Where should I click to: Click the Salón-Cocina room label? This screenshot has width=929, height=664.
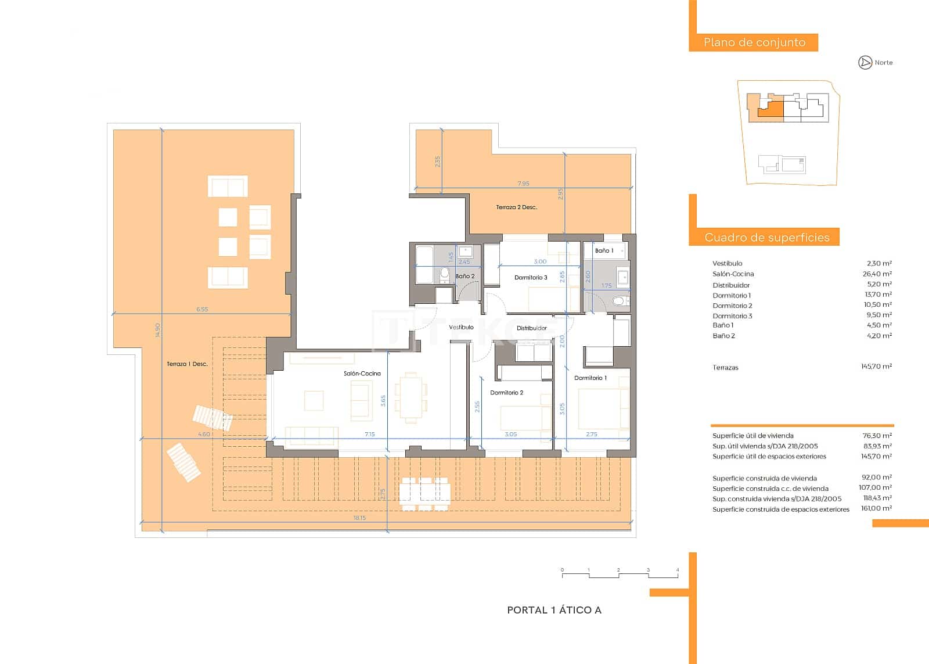(362, 374)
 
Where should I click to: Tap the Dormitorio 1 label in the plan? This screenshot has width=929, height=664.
(590, 378)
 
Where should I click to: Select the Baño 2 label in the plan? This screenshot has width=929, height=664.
(464, 276)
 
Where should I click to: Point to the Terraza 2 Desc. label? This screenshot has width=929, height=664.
(516, 207)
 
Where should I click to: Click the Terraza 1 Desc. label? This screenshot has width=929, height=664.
(187, 364)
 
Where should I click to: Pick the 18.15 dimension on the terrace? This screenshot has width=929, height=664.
(359, 518)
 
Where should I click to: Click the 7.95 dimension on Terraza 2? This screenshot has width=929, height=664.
(523, 184)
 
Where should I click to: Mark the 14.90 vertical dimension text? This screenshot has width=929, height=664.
(157, 330)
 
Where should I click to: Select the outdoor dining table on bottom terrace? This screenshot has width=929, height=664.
(425, 494)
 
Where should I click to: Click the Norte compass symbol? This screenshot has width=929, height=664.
(865, 62)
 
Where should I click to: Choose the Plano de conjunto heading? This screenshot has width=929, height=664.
(754, 42)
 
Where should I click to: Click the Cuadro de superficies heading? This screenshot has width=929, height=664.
(766, 237)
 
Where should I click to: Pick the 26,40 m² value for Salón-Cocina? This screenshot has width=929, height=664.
(877, 274)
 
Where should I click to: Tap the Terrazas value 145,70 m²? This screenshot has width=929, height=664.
(876, 367)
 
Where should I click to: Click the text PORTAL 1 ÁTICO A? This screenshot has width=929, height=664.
(554, 610)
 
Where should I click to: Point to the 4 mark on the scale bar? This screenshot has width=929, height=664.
(678, 570)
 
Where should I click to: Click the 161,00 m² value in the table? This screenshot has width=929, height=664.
(876, 508)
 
